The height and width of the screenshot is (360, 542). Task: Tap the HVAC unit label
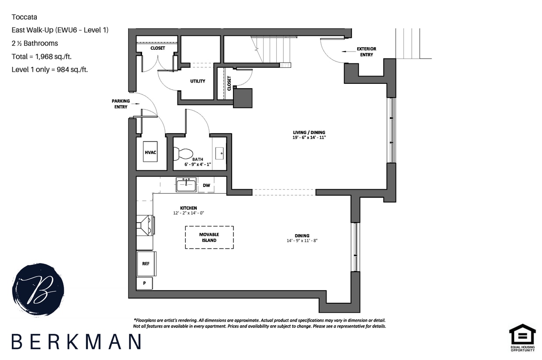pyautogui.click(x=150, y=152)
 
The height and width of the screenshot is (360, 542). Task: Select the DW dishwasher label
pyautogui.click(x=206, y=185)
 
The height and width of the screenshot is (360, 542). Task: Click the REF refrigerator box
pyautogui.click(x=146, y=263)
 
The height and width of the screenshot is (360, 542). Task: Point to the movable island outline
pyautogui.click(x=209, y=237)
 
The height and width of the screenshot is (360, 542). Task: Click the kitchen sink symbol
pyautogui.click(x=186, y=184)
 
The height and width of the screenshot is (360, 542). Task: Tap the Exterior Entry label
pyautogui.click(x=366, y=52)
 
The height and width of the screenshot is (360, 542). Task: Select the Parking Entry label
pyautogui.click(x=121, y=104)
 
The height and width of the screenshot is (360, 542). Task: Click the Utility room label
pyautogui.click(x=198, y=81)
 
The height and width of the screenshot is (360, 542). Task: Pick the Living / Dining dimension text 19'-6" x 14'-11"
pyautogui.click(x=309, y=138)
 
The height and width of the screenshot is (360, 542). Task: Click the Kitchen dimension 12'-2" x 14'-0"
pyautogui.click(x=188, y=213)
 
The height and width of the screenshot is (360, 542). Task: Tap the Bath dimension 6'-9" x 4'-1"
pyautogui.click(x=198, y=164)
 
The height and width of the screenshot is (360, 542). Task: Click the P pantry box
pyautogui.click(x=145, y=283)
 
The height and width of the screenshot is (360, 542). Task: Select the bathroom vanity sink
pyautogui.click(x=220, y=153)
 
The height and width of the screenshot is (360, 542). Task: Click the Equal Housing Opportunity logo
pyautogui.click(x=522, y=337)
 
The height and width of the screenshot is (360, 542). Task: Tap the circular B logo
pyautogui.click(x=38, y=290)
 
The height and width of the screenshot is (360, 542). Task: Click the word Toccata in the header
pyautogui.click(x=24, y=17)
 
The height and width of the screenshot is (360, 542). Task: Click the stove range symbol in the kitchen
pyautogui.click(x=145, y=225)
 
